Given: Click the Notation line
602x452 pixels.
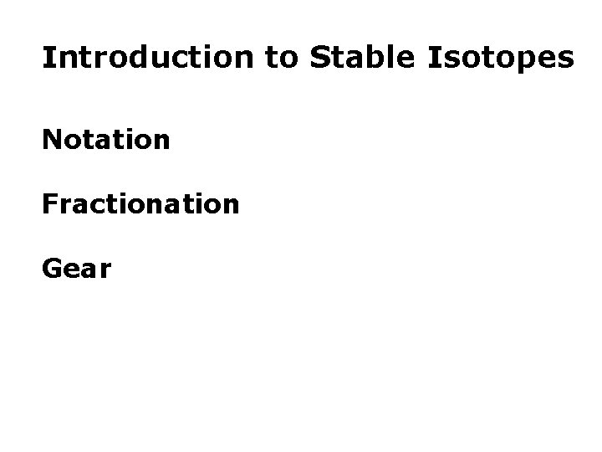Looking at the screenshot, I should (106, 139).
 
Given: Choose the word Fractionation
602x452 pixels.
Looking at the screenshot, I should (140, 203).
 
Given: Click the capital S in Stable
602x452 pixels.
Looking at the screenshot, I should (319, 58).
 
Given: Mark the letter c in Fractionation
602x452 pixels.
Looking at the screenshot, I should (93, 205).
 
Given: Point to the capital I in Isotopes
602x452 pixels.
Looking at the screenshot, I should (435, 58).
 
